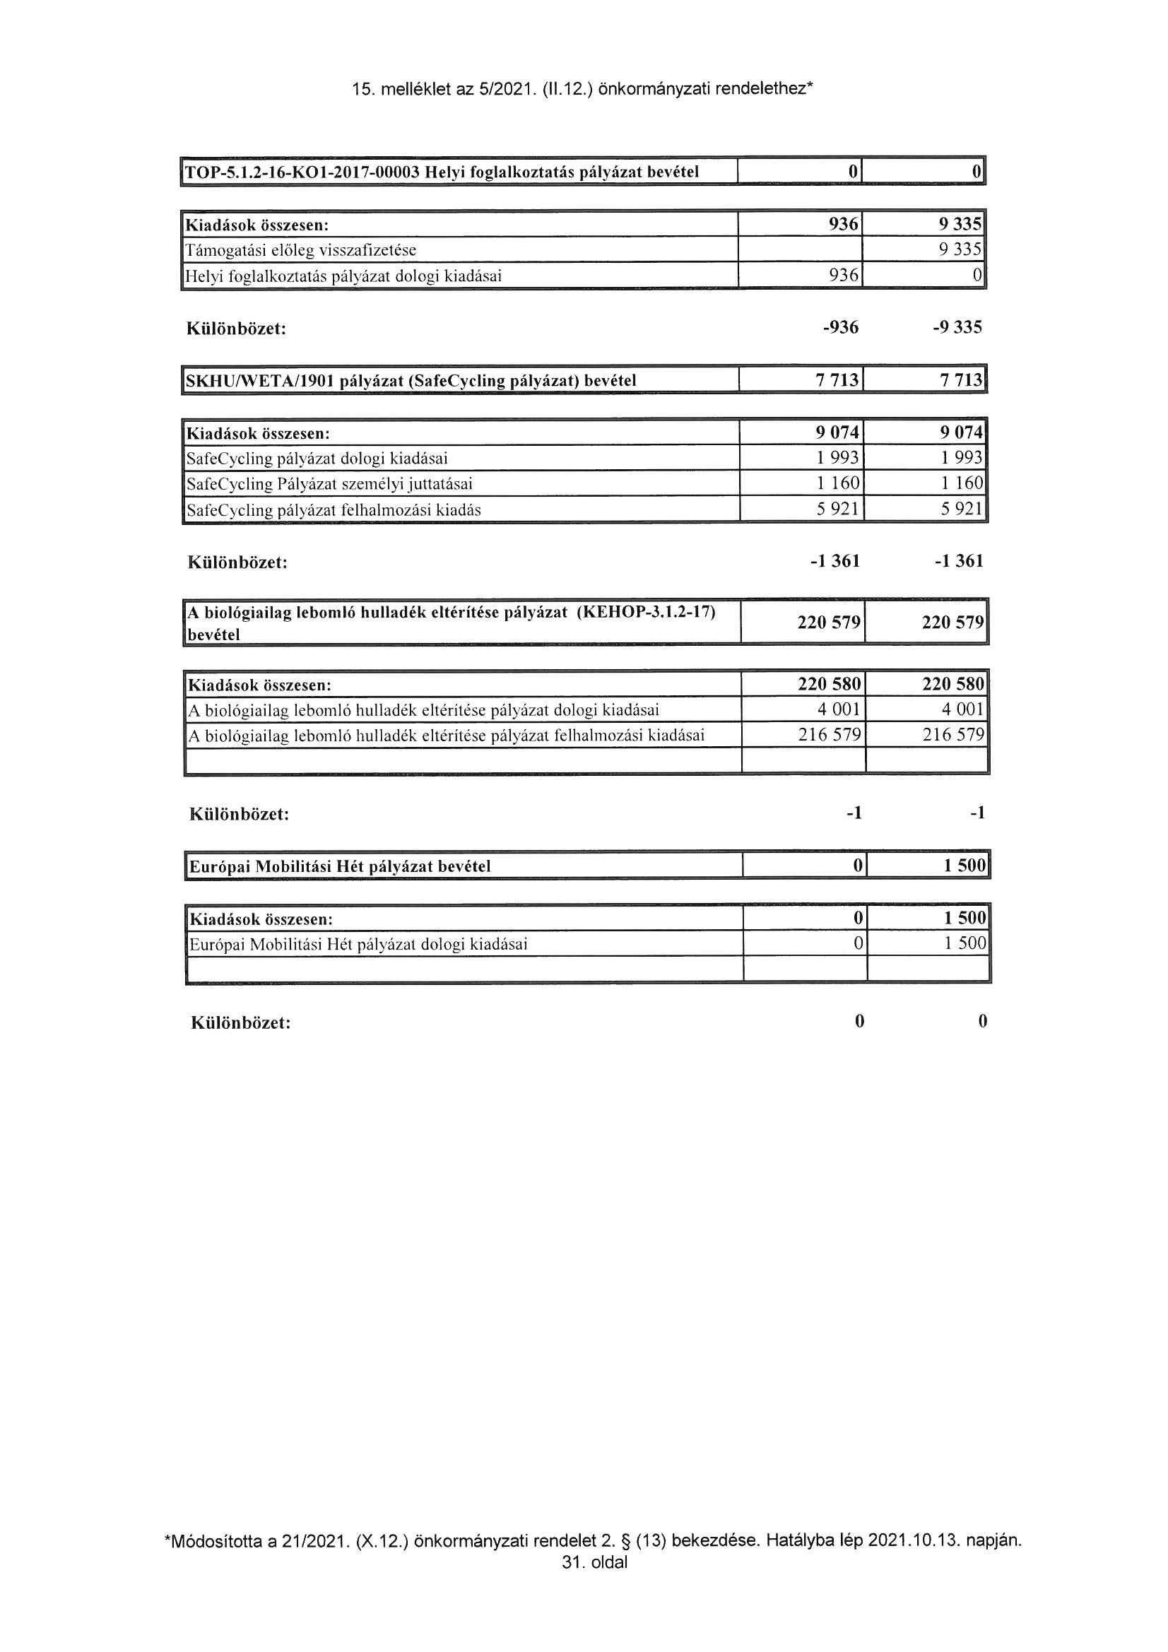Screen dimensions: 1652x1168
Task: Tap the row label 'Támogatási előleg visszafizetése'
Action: click(x=301, y=250)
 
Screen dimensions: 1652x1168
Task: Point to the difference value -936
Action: click(x=841, y=328)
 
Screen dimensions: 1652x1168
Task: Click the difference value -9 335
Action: click(x=957, y=328)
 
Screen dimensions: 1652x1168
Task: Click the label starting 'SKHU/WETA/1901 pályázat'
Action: click(x=411, y=381)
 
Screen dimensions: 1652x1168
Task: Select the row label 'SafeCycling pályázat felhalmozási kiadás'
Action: click(x=334, y=511)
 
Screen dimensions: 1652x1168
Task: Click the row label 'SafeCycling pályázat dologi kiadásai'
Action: click(x=317, y=459)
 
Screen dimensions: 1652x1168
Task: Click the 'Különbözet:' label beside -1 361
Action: click(x=237, y=562)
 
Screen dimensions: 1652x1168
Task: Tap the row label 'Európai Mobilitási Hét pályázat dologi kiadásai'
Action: click(x=358, y=945)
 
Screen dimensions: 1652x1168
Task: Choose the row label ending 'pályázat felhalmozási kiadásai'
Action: click(x=446, y=736)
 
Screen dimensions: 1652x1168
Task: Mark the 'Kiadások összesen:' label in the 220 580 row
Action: click(x=259, y=684)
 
